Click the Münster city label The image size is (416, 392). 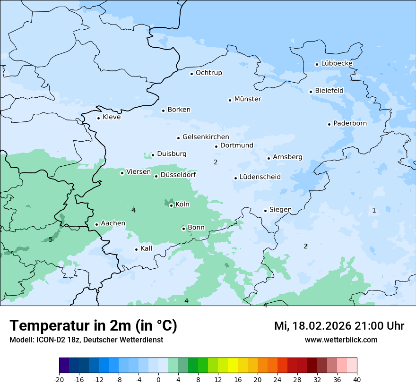[247, 99]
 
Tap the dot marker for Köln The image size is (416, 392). [171, 205]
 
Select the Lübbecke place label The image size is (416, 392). [337, 63]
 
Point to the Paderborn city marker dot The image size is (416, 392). [329, 124]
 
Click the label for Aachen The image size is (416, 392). [113, 223]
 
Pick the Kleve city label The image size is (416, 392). [112, 117]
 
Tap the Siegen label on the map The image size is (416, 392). [280, 210]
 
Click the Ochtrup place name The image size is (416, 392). [208, 73]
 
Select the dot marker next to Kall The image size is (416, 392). [136, 249]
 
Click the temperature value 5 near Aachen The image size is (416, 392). [51, 240]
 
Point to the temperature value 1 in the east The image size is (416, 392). [374, 210]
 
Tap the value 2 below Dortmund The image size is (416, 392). [216, 162]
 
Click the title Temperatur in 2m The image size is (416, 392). [93, 326]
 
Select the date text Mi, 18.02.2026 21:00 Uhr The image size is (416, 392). [339, 326]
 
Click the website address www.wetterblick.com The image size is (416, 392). [341, 340]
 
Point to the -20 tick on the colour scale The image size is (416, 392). [59, 379]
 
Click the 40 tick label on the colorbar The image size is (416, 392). [357, 379]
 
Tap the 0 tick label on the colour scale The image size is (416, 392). [158, 379]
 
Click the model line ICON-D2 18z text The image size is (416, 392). [86, 340]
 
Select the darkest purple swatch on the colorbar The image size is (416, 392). [64, 366]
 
